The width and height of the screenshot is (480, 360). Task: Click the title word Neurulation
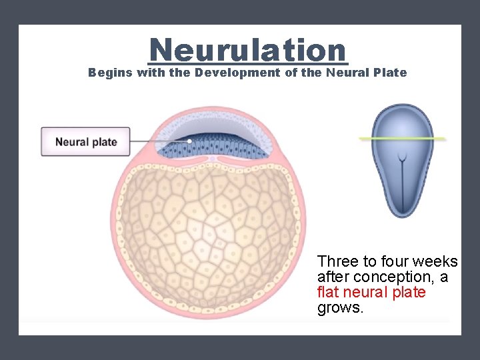248,50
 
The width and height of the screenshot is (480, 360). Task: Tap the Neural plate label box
85,142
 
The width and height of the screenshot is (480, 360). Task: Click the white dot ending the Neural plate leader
189,141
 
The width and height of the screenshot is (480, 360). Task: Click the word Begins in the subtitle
110,73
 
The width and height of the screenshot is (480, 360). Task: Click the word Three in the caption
338,261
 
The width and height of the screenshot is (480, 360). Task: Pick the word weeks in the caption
435,261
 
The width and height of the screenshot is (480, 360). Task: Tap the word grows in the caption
340,308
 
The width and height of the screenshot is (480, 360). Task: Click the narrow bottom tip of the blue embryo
402,213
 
